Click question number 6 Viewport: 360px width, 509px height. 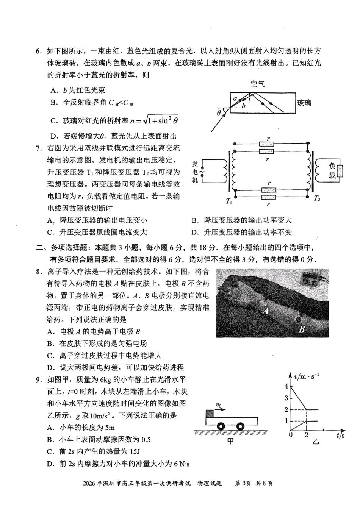pyautogui.click(x=38, y=52)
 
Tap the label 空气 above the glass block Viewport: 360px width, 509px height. pyautogui.click(x=257, y=84)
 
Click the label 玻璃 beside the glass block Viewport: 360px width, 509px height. pyautogui.click(x=304, y=103)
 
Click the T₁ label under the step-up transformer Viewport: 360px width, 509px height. pyautogui.click(x=229, y=201)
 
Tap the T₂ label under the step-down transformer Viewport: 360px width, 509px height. pyautogui.click(x=317, y=198)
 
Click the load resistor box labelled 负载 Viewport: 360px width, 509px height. pyautogui.click(x=340, y=171)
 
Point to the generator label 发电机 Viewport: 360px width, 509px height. pyautogui.click(x=195, y=172)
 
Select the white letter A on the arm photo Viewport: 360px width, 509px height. pyautogui.click(x=266, y=311)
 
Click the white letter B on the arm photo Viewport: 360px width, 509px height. pyautogui.click(x=302, y=329)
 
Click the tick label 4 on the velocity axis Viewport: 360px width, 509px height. pyautogui.click(x=286, y=386)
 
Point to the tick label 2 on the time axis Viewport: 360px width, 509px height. pyautogui.click(x=306, y=435)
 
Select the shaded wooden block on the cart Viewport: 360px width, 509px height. pyautogui.click(x=209, y=414)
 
